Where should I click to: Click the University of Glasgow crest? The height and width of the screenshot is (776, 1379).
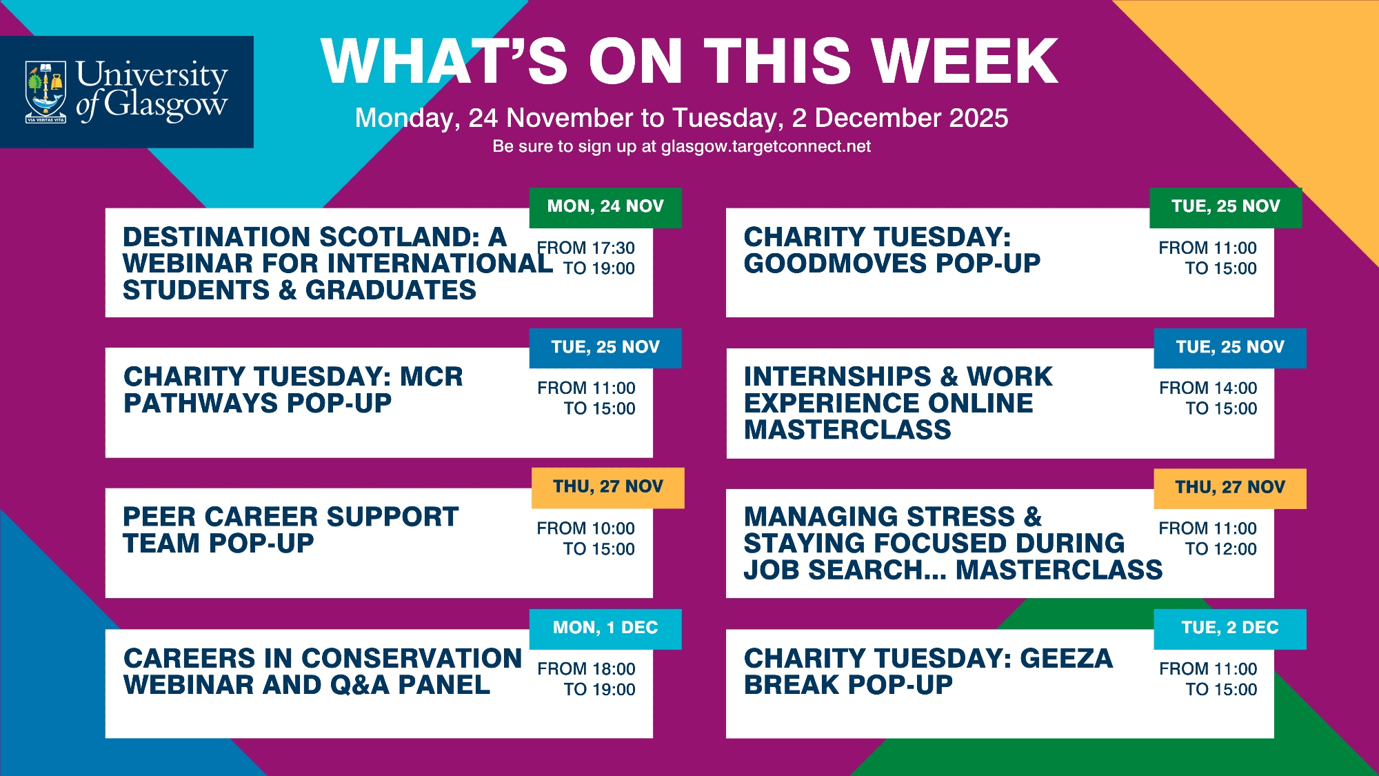[46, 92]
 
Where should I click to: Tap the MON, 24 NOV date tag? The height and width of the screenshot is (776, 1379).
[605, 207]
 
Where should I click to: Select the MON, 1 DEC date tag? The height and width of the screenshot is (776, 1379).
[605, 628]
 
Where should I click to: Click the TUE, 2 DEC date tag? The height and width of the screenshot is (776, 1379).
[1230, 628]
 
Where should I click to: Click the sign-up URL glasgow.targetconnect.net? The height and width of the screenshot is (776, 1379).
[766, 146]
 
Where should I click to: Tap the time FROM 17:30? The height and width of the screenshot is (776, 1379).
[586, 248]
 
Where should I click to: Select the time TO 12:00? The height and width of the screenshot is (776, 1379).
[1221, 549]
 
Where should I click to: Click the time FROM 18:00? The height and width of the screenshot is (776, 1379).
[587, 668]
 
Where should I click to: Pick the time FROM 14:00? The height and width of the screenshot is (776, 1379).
[1208, 388]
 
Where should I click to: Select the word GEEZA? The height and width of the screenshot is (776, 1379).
[1067, 658]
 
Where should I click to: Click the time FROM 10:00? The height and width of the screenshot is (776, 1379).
[586, 528]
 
